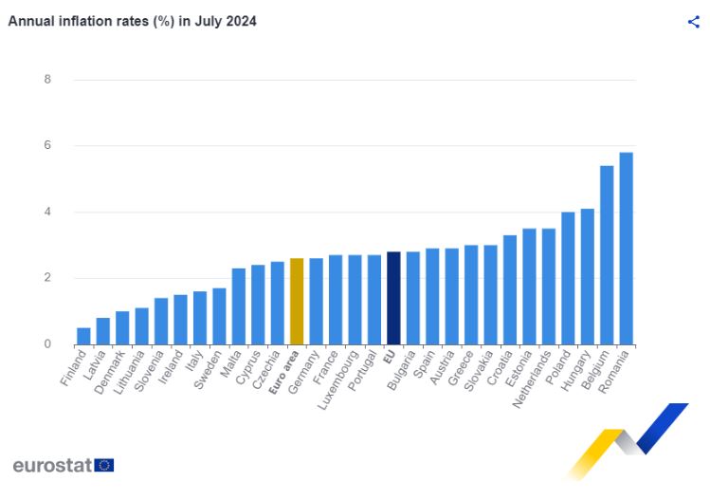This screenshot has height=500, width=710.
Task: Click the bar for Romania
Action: (626, 249)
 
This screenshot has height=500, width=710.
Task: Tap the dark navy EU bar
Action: (393, 298)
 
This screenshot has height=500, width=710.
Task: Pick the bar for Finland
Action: (83, 336)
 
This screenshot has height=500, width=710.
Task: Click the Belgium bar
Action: (607, 255)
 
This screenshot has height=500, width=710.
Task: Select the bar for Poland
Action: (568, 278)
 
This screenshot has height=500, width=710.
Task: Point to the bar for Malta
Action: (239, 306)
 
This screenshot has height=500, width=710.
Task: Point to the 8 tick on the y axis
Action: (46, 79)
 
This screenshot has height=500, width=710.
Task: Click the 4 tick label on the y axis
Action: (46, 212)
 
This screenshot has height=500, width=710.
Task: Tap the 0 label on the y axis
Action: (46, 344)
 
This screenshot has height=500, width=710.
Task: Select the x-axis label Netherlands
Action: (533, 380)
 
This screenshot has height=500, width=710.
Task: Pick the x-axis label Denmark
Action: (109, 372)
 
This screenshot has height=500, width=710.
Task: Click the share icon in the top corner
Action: (693, 22)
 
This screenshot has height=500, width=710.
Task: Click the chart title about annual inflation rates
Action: (132, 21)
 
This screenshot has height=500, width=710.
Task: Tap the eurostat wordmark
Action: (52, 465)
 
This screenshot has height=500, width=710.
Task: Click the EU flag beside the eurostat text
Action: (104, 465)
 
